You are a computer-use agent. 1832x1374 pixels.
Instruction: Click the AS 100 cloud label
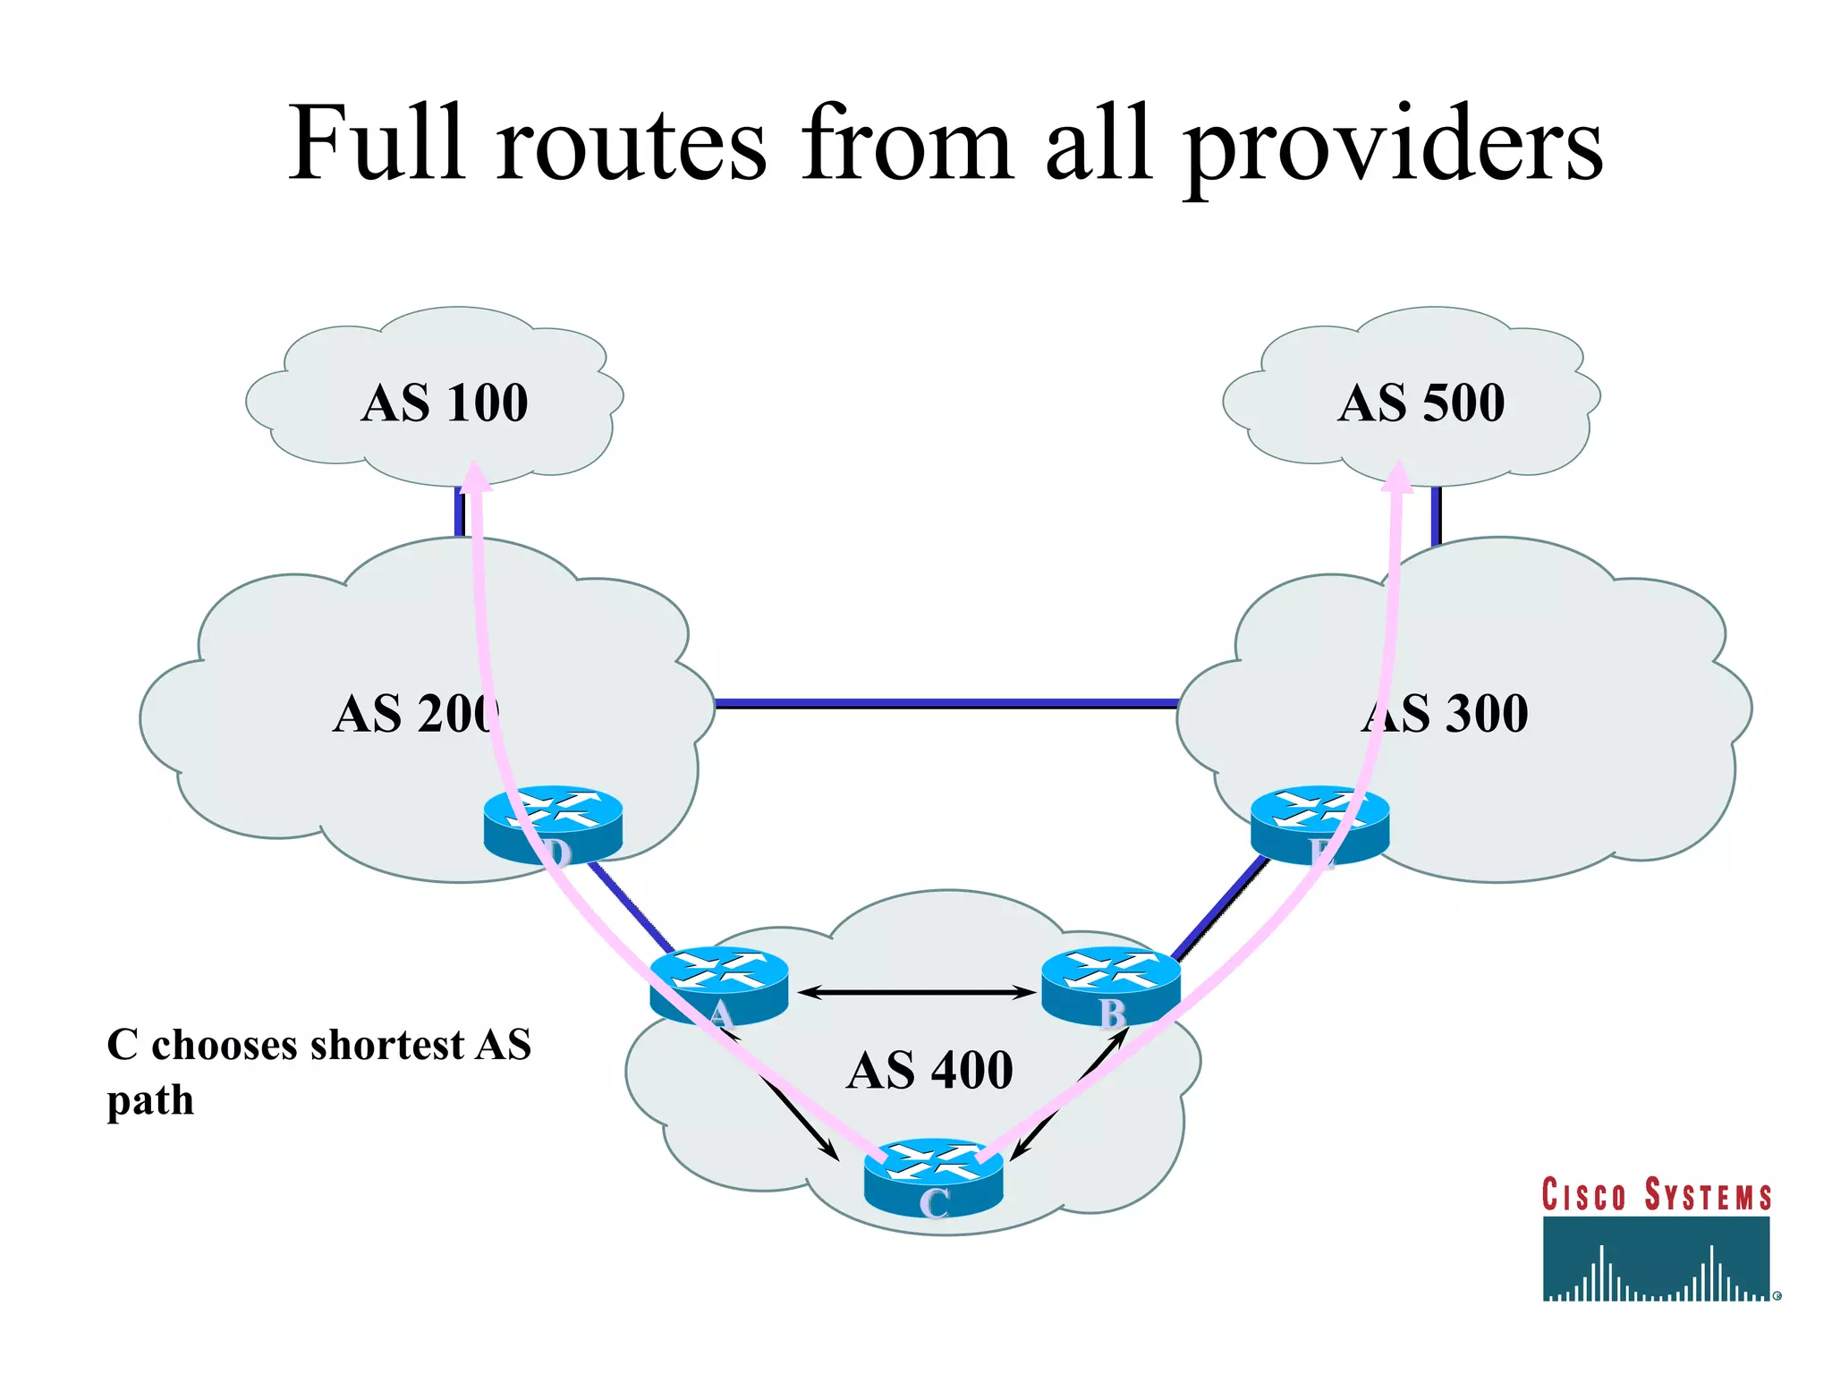(445, 403)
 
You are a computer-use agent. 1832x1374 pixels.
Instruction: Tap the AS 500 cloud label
(1421, 403)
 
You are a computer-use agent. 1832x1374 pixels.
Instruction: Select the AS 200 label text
(416, 714)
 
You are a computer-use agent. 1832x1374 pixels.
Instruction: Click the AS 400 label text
(929, 1070)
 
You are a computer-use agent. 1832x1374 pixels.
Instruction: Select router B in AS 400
(1110, 985)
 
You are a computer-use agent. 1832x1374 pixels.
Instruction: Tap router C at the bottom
(933, 1176)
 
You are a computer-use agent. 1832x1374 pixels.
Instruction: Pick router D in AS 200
(553, 823)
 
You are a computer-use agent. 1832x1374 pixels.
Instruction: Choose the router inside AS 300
(1319, 823)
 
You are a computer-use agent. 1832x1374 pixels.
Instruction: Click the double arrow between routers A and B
(916, 991)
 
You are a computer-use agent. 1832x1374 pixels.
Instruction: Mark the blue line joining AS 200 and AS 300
(946, 704)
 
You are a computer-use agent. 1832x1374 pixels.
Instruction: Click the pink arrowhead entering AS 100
(475, 477)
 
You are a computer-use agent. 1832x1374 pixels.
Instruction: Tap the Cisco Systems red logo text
(1656, 1196)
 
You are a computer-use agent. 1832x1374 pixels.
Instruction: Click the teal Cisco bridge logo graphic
(1656, 1259)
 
